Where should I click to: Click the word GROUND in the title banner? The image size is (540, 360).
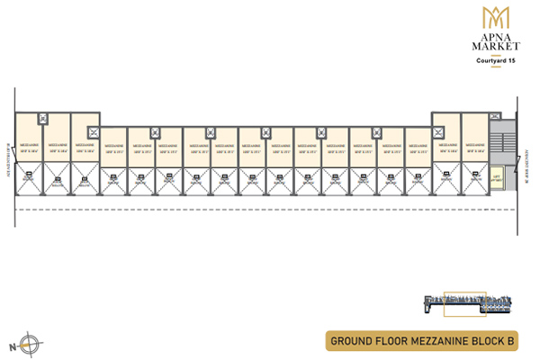point(353,341)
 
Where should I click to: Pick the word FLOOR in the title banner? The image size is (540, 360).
point(396,341)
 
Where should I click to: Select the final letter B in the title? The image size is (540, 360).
point(510,341)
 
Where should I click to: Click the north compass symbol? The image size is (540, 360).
point(31,342)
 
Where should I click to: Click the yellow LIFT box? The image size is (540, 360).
point(496,177)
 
